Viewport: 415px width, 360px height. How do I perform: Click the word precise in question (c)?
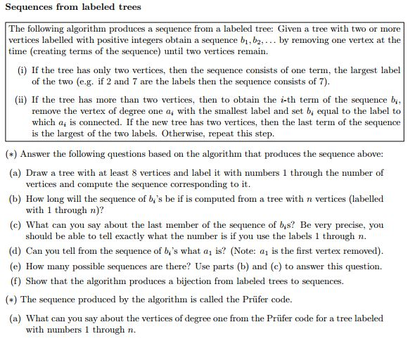pos(354,225)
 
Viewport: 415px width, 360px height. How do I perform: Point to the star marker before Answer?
pos(11,154)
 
